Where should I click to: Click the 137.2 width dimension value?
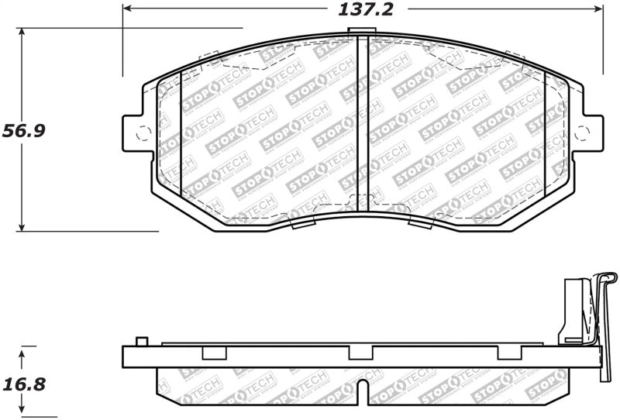[361, 10]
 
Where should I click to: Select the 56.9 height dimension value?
[24, 130]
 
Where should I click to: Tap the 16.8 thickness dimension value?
[24, 384]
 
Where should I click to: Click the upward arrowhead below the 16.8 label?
[22, 353]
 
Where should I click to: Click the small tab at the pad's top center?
[360, 33]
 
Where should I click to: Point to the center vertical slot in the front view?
[360, 124]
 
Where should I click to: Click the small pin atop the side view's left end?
[140, 341]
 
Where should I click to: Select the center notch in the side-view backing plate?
[359, 353]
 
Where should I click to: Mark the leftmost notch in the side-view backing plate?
[212, 353]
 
